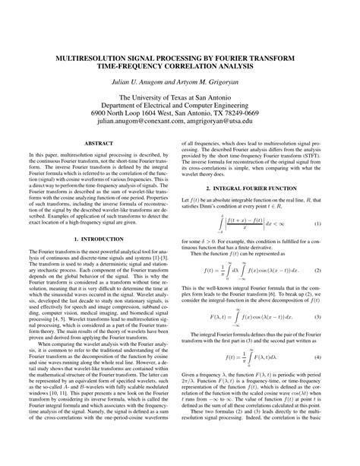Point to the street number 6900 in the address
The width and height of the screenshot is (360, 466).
point(101,109)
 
